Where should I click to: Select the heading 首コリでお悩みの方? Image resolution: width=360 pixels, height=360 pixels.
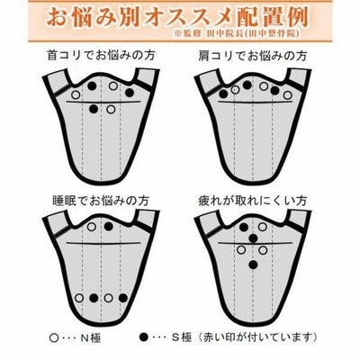[101, 56]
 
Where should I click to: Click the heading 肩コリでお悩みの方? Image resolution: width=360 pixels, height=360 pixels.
[253, 56]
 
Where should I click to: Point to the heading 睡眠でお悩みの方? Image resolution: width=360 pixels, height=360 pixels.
[101, 201]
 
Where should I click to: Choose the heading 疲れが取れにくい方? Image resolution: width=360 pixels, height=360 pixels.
[253, 201]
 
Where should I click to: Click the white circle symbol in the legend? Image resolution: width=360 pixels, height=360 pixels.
[54, 337]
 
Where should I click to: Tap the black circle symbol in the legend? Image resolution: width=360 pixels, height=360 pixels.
[145, 337]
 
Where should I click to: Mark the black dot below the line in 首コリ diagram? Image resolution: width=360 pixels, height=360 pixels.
[94, 109]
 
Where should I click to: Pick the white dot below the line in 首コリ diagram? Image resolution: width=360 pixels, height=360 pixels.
[111, 109]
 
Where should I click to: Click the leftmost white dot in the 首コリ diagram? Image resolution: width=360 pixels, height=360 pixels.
[76, 95]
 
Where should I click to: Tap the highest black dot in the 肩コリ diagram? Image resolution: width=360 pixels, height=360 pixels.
[247, 85]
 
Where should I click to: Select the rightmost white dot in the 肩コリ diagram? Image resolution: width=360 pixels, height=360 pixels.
[287, 95]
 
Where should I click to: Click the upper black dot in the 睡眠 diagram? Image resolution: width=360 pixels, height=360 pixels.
[109, 227]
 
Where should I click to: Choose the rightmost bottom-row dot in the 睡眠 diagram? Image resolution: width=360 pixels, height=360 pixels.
[123, 298]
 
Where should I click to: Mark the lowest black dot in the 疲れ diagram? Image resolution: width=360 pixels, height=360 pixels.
[253, 265]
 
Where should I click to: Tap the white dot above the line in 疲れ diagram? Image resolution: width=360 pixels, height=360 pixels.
[263, 227]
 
